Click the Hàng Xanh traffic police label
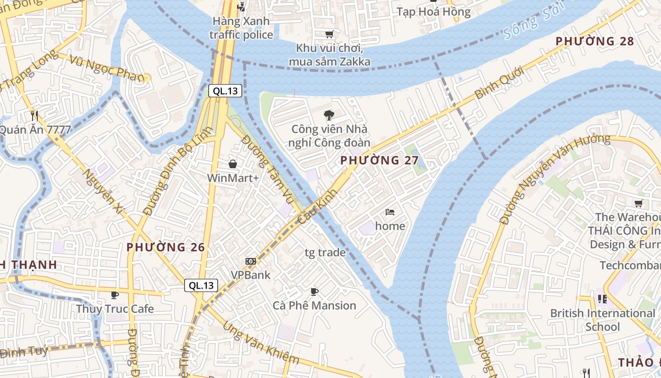(241, 28)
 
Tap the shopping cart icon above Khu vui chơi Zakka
(329, 34)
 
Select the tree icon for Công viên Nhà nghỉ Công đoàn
(329, 115)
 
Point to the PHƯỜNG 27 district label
(380, 160)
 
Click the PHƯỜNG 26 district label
(166, 247)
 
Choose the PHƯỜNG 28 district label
(594, 41)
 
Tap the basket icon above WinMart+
(233, 164)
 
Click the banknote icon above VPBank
(251, 261)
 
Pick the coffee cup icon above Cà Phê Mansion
(314, 292)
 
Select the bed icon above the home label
(390, 212)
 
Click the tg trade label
(325, 252)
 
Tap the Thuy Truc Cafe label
(115, 309)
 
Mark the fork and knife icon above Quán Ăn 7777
(34, 115)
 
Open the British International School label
(602, 320)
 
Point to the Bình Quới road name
(499, 83)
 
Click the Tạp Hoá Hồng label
(433, 12)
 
